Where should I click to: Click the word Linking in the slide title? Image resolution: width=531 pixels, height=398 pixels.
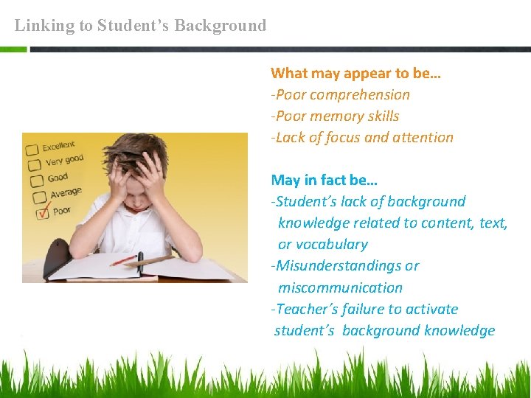44,26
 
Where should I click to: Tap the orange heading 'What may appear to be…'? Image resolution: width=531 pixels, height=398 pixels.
355,73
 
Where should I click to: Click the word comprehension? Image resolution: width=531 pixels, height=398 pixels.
359,95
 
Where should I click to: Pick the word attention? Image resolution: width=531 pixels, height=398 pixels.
423,138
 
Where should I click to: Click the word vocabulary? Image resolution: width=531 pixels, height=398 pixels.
322,245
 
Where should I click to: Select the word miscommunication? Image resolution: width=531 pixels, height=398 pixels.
340,288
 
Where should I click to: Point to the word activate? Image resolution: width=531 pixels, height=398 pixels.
428,310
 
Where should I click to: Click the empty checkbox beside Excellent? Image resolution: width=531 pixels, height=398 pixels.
32,150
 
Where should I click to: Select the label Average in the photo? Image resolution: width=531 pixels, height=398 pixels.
66,193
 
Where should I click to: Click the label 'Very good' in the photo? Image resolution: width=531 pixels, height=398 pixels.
64,161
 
